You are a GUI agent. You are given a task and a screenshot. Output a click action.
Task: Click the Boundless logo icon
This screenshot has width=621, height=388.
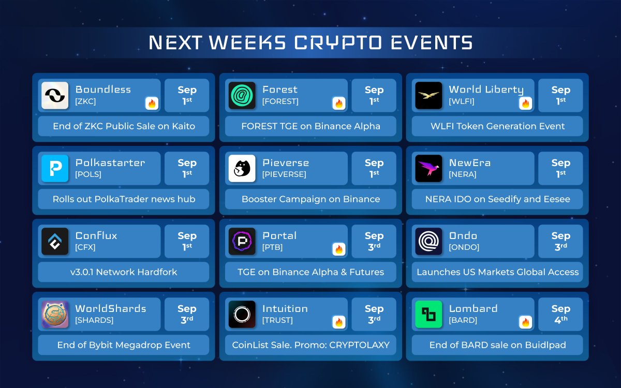pyautogui.click(x=55, y=95)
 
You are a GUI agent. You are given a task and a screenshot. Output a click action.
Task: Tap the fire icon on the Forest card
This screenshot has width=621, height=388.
pyautogui.click(x=339, y=103)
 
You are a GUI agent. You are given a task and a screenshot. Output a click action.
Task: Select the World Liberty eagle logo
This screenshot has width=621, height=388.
pyautogui.click(x=428, y=95)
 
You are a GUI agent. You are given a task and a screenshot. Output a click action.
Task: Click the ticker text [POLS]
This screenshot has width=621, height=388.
pyautogui.click(x=88, y=174)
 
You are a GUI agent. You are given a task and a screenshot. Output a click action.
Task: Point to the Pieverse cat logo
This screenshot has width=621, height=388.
pyautogui.click(x=242, y=168)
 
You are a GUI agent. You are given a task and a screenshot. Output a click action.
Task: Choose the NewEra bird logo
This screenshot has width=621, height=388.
pyautogui.click(x=428, y=168)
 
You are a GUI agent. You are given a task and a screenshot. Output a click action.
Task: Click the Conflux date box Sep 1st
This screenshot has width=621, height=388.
pyautogui.click(x=187, y=241)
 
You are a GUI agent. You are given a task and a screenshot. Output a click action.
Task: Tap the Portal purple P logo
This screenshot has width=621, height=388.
pyautogui.click(x=242, y=241)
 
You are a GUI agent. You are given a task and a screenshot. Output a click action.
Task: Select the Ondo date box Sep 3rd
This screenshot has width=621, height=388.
pyautogui.click(x=560, y=241)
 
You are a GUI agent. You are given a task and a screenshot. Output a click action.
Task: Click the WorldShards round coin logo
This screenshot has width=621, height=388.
pyautogui.click(x=55, y=315)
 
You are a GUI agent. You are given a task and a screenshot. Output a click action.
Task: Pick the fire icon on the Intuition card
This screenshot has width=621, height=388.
pyautogui.click(x=339, y=322)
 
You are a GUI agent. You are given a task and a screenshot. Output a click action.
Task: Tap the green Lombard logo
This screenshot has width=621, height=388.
pyautogui.click(x=428, y=315)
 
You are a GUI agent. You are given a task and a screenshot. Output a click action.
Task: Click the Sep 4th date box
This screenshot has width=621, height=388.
pyautogui.click(x=560, y=315)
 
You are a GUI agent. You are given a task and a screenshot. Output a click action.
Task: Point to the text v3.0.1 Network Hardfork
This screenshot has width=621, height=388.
pyautogui.click(x=124, y=272)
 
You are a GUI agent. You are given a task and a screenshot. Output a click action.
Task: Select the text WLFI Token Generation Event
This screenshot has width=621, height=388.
pyautogui.click(x=498, y=126)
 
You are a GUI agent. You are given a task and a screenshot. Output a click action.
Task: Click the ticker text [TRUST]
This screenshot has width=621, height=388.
pyautogui.click(x=277, y=320)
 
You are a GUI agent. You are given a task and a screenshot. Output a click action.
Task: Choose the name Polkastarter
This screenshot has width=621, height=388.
pyautogui.click(x=110, y=162)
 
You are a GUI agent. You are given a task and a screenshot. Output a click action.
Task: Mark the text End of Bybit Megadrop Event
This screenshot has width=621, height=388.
pyautogui.click(x=124, y=345)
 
